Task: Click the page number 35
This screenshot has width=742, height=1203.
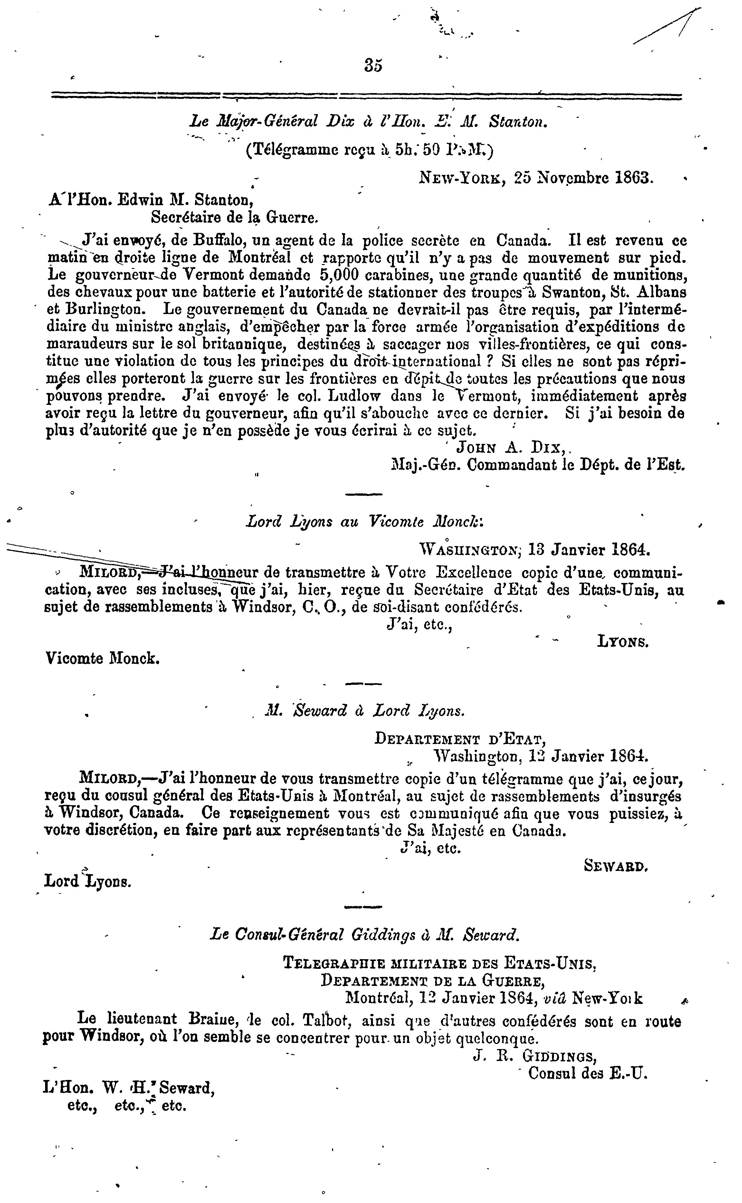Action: point(374,65)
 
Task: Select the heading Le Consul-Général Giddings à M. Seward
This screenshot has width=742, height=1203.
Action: point(364,935)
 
